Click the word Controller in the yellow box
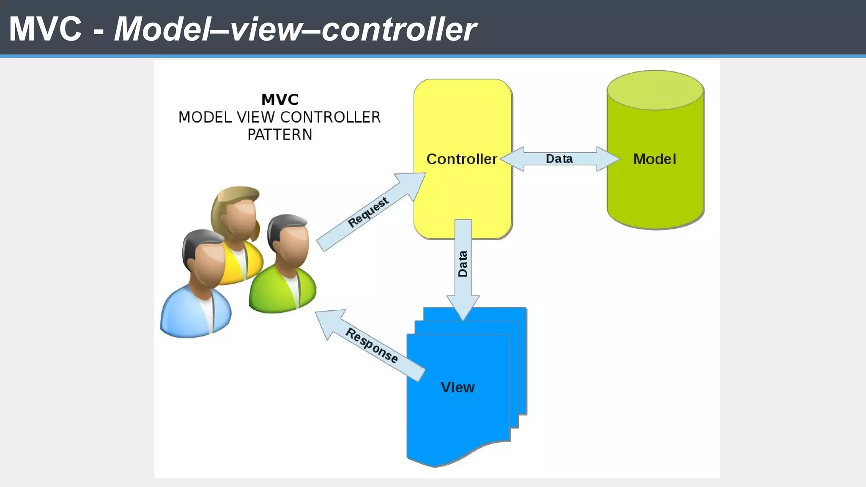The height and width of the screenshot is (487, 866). (x=461, y=159)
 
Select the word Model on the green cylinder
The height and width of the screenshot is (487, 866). (x=655, y=159)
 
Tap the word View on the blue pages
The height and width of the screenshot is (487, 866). (x=458, y=387)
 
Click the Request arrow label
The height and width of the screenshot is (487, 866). (x=367, y=212)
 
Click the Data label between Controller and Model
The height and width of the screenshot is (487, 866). (x=559, y=159)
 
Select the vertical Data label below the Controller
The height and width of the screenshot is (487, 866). (x=463, y=264)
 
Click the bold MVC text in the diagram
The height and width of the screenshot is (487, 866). (x=280, y=100)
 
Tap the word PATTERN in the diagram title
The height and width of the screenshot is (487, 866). (x=280, y=135)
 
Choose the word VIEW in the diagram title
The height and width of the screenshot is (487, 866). (x=255, y=118)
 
